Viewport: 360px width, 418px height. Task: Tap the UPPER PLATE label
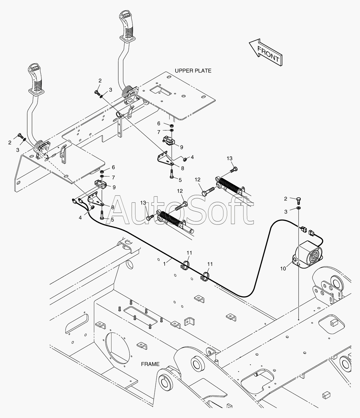pyautogui.click(x=193, y=70)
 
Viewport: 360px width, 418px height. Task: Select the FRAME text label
pyautogui.click(x=151, y=364)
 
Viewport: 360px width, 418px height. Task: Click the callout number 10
pyautogui.click(x=283, y=268)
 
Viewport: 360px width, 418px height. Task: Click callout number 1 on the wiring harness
pyautogui.click(x=164, y=264)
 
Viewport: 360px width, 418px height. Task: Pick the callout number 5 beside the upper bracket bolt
pyautogui.click(x=180, y=180)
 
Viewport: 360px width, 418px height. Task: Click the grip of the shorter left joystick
pyautogui.click(x=36, y=78)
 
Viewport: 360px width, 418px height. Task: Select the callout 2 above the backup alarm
pyautogui.click(x=285, y=199)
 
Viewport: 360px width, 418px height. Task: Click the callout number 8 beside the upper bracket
pyautogui.click(x=183, y=168)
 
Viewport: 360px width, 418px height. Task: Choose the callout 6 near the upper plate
pyautogui.click(x=159, y=123)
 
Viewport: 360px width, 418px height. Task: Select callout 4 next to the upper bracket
pyautogui.click(x=192, y=157)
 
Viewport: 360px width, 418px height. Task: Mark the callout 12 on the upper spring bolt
pyautogui.click(x=197, y=180)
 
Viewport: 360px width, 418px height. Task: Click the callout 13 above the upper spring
pyautogui.click(x=229, y=158)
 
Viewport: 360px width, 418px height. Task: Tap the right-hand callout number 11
pyautogui.click(x=210, y=264)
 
